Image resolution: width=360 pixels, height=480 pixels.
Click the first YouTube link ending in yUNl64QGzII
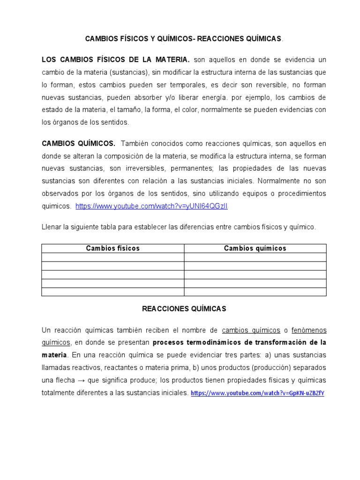151,206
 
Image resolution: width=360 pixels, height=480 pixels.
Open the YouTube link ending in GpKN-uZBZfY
257,393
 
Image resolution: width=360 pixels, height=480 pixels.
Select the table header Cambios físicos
112,248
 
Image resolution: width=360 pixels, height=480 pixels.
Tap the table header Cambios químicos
255,248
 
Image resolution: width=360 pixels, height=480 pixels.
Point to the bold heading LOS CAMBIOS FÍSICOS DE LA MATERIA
116,60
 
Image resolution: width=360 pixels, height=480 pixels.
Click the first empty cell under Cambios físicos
112,257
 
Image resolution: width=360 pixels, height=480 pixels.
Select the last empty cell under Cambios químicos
255,292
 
